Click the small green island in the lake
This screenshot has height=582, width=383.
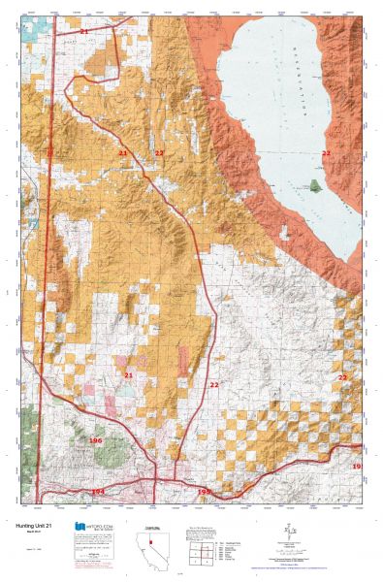coord(318,184)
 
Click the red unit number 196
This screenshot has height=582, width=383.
coord(95,440)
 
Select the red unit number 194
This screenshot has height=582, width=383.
coord(97,492)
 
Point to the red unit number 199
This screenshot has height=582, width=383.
coord(204,492)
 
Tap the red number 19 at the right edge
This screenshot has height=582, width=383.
coord(356,467)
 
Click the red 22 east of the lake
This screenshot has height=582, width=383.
coord(326,153)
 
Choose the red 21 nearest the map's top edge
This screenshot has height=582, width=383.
coord(83,32)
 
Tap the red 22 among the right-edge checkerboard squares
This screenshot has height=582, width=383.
coord(342,376)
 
